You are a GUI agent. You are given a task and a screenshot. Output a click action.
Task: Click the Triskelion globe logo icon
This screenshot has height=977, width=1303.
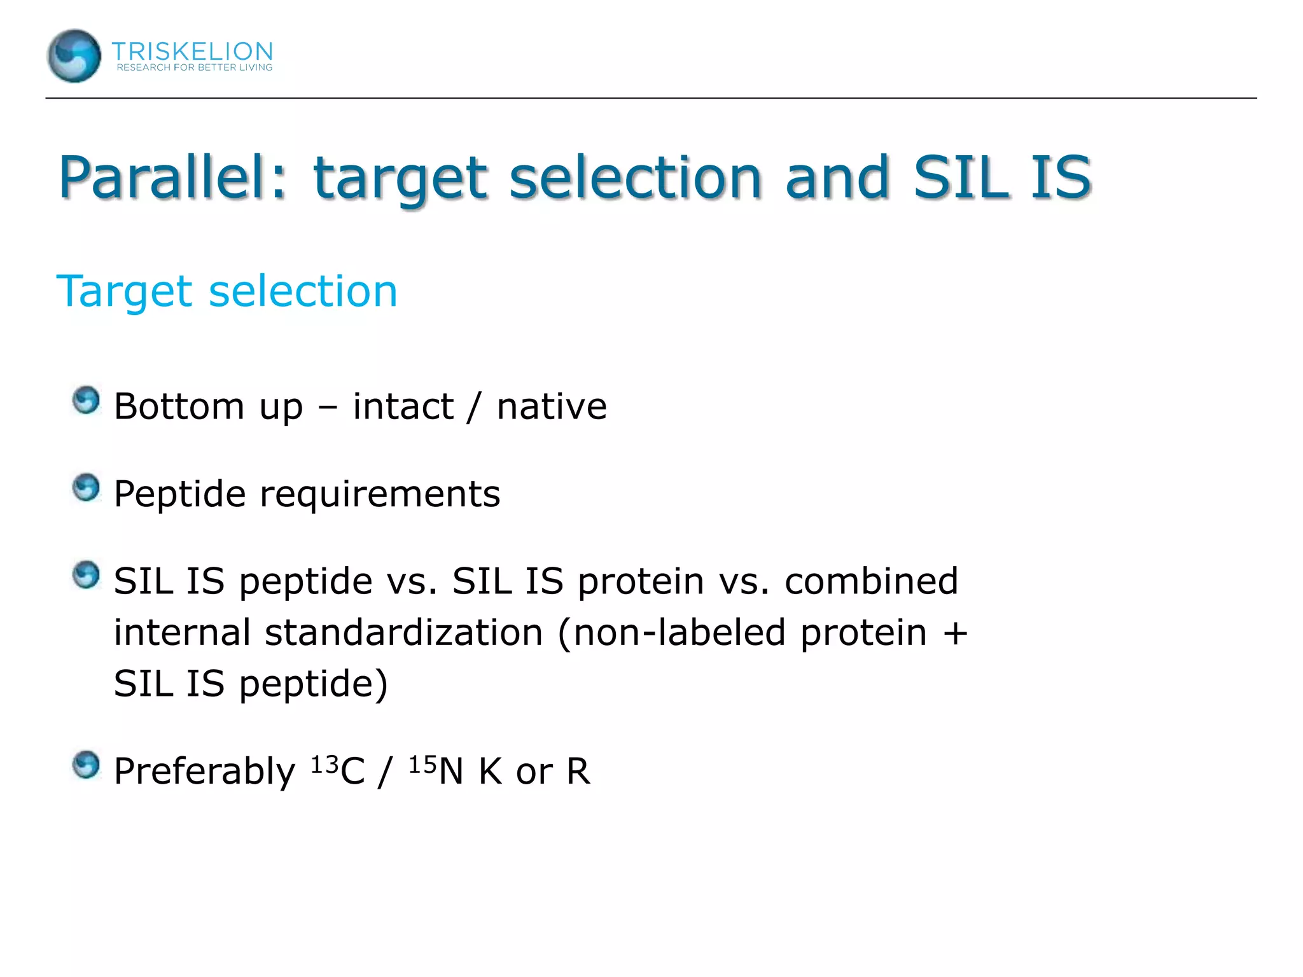point(74,56)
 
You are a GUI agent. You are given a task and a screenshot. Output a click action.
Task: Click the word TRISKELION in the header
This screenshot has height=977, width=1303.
point(192,51)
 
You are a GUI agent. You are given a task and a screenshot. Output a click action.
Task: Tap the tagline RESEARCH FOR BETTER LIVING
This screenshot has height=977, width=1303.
point(194,67)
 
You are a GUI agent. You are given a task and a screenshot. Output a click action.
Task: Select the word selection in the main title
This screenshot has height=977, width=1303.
point(635,177)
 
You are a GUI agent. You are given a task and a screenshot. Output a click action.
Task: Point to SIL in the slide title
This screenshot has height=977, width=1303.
point(960,177)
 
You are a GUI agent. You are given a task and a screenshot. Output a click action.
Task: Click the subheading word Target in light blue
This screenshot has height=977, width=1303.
point(125,291)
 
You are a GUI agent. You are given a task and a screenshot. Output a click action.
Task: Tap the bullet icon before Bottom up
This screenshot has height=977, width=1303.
point(86,401)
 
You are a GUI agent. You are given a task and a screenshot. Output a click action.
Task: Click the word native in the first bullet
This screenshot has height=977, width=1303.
point(551,406)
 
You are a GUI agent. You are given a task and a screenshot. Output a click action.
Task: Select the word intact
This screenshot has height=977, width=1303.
point(403,406)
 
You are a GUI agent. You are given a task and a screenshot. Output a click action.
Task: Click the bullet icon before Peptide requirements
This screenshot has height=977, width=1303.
point(86,488)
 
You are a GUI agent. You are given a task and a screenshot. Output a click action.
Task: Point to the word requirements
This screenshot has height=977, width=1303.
point(380,494)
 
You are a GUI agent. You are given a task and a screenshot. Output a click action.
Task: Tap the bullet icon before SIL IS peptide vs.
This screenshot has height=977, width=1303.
point(86,575)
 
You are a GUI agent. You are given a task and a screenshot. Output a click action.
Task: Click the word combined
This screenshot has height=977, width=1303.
point(871,581)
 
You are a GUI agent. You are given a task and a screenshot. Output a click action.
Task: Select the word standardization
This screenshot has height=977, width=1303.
point(403,632)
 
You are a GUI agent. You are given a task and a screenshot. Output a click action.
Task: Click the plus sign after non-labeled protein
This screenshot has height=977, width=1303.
point(955,634)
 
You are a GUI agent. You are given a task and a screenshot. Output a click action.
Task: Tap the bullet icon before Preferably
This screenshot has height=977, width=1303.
point(86,765)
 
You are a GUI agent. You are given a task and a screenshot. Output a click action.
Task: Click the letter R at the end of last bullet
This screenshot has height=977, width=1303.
point(578,772)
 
